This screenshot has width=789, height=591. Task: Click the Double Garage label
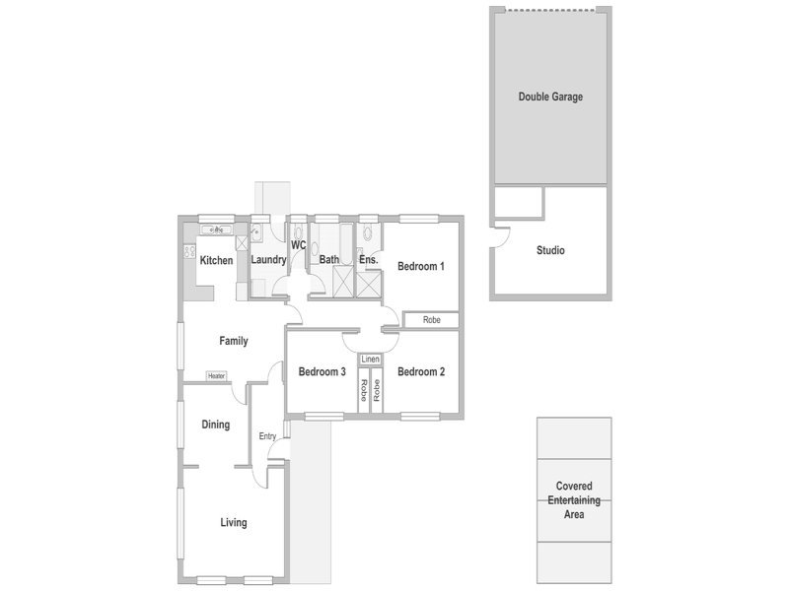click(x=550, y=97)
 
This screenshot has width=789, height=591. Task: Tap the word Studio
click(x=550, y=250)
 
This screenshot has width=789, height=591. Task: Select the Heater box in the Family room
click(x=216, y=376)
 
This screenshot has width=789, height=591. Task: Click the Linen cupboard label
click(x=371, y=360)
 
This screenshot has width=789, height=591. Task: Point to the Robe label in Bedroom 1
click(x=432, y=319)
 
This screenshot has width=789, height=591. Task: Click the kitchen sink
click(x=217, y=230)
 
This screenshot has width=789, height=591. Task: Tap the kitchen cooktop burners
click(x=189, y=251)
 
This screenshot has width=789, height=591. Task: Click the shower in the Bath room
click(x=344, y=282)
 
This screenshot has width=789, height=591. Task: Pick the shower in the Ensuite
click(x=369, y=285)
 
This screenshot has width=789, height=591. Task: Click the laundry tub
click(x=256, y=231)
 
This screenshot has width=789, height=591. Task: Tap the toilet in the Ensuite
click(x=367, y=232)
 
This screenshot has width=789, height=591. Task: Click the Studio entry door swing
click(x=502, y=237)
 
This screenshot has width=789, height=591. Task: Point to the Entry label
click(x=267, y=436)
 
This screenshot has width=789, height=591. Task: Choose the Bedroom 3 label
click(x=323, y=372)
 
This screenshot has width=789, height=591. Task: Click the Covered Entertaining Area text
click(x=574, y=500)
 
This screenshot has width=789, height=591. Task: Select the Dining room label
click(x=216, y=425)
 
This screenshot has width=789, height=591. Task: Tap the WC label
click(x=299, y=245)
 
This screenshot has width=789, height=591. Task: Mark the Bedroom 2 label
click(x=421, y=372)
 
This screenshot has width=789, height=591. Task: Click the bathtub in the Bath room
click(x=347, y=244)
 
